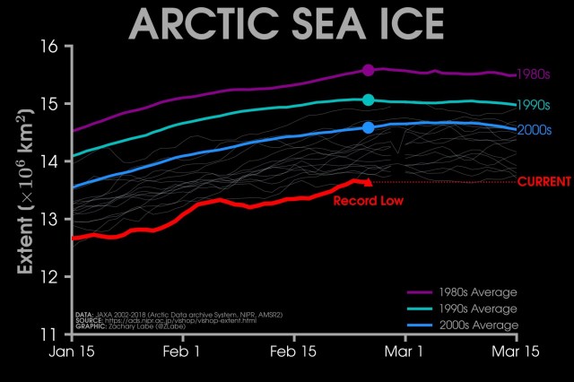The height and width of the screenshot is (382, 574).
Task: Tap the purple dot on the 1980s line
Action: click(368, 70)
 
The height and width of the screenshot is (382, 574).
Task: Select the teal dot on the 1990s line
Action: click(368, 100)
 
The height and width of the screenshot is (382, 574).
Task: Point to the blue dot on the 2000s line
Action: click(368, 128)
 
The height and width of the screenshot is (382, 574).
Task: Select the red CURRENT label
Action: click(544, 181)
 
